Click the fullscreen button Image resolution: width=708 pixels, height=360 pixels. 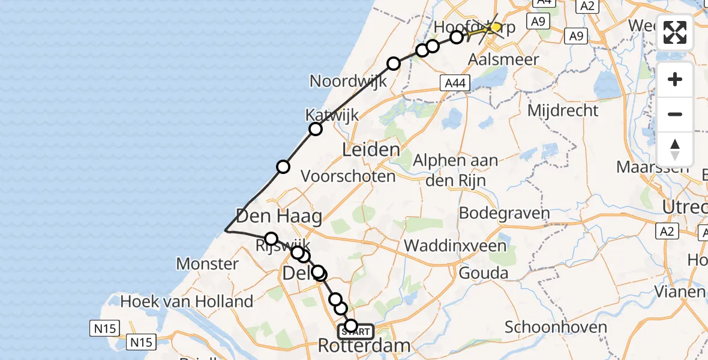pyautogui.click(x=675, y=32)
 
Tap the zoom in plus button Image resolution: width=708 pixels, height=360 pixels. pyautogui.click(x=675, y=80)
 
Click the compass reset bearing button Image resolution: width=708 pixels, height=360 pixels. pyautogui.click(x=675, y=149)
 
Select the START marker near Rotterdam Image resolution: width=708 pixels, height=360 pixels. pyautogui.click(x=357, y=331)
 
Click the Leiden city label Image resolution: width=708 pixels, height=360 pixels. pyautogui.click(x=371, y=150)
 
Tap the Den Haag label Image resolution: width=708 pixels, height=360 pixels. pyautogui.click(x=279, y=216)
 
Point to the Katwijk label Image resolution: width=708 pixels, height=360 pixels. pyautogui.click(x=332, y=115)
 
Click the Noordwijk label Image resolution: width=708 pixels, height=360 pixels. pyautogui.click(x=349, y=81)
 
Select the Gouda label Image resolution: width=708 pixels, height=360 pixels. pyautogui.click(x=483, y=274)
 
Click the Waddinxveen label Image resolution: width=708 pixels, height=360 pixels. pyautogui.click(x=455, y=245)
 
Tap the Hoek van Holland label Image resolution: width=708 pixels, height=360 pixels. pyautogui.click(x=187, y=301)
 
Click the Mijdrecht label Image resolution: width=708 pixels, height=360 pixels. pyautogui.click(x=563, y=110)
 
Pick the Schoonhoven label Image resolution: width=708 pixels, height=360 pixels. pyautogui.click(x=556, y=328)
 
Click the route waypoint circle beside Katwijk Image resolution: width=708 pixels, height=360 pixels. pyautogui.click(x=316, y=129)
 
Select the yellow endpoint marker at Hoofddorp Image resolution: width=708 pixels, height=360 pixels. pyautogui.click(x=495, y=27)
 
